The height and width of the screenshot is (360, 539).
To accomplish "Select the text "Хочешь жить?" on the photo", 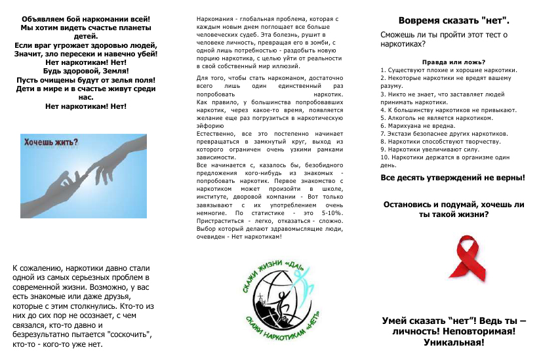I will [50, 142].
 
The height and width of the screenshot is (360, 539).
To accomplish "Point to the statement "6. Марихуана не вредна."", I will [417, 125].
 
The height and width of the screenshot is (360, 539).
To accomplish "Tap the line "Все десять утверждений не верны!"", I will [452, 178].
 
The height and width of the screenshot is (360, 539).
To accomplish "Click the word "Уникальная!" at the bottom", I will [453, 342].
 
